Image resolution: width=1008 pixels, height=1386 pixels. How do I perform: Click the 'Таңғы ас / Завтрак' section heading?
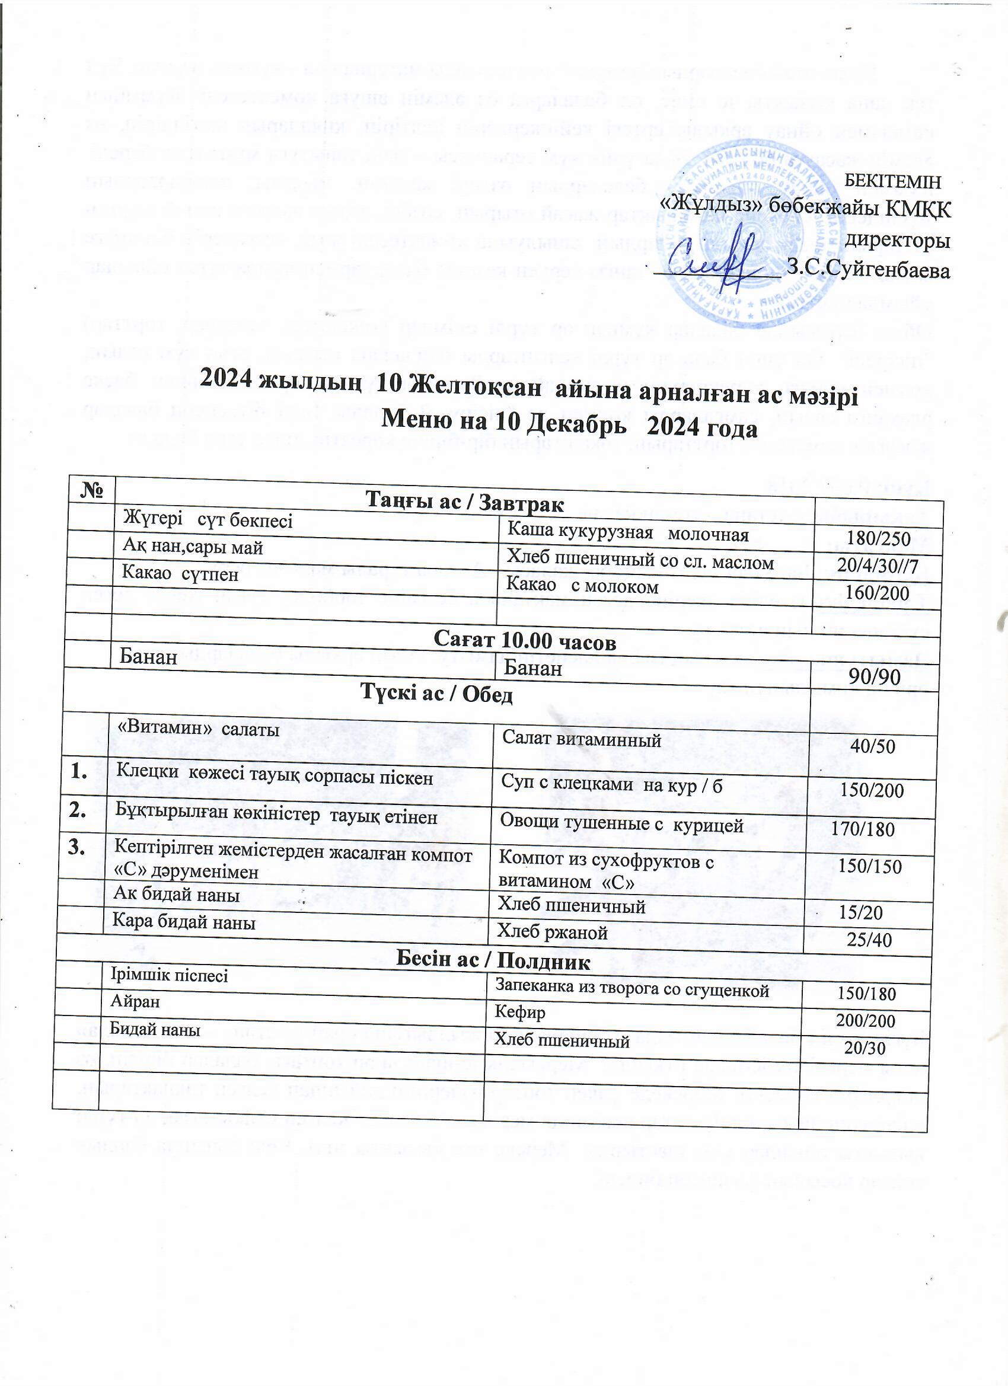coord(465,502)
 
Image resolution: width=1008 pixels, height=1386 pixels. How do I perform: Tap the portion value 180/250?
coord(878,539)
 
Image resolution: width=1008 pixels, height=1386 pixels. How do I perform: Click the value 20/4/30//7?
coord(878,566)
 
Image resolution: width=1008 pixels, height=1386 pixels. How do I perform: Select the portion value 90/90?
coord(875,677)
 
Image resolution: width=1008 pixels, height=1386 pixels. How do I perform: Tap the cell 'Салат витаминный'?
coord(581,740)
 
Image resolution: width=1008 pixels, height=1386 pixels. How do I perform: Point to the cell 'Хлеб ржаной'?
coord(552,932)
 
